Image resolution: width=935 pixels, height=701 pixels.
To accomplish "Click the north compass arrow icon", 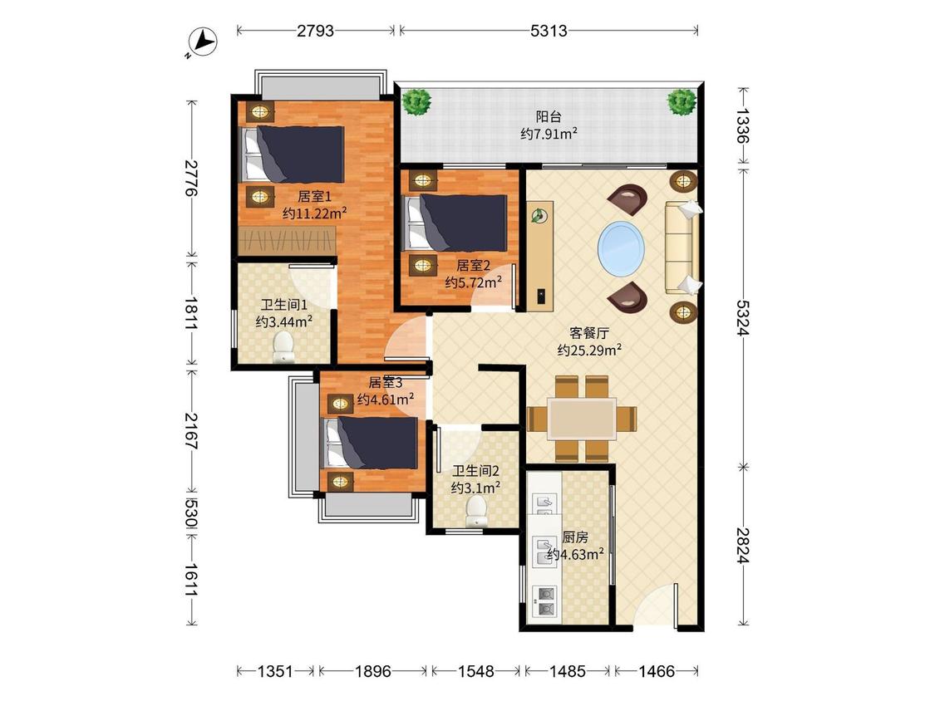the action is point(202,43).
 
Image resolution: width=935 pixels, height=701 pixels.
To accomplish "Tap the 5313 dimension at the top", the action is point(549,31).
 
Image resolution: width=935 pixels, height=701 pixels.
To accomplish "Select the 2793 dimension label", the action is point(316,31).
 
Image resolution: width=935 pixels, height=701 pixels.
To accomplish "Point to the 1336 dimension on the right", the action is point(742,125).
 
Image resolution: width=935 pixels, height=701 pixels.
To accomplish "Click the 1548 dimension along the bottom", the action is point(476,672).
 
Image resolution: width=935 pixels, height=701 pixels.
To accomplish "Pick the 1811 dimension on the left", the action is point(191,313).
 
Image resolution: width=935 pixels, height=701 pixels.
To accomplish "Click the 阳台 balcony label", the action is point(548,117).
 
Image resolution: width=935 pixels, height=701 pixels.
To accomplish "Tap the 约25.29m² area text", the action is point(590,350).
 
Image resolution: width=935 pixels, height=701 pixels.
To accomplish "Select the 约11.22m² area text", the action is point(315,213).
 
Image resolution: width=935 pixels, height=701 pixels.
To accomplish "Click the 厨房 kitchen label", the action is point(575,537).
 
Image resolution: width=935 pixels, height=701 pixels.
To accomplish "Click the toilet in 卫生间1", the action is point(283,347).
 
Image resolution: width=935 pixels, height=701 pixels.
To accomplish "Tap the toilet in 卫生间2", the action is point(476,512).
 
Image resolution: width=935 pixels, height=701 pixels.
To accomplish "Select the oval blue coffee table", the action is point(622,246).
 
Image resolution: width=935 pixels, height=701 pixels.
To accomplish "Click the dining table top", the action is point(582,419).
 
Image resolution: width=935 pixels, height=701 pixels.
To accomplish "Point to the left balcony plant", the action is point(417,102).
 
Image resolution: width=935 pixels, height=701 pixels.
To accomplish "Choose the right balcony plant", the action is point(682,102).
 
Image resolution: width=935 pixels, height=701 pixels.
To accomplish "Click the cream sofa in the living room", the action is point(682,248).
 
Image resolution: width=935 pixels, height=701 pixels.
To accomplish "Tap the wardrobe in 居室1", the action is point(287,242).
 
